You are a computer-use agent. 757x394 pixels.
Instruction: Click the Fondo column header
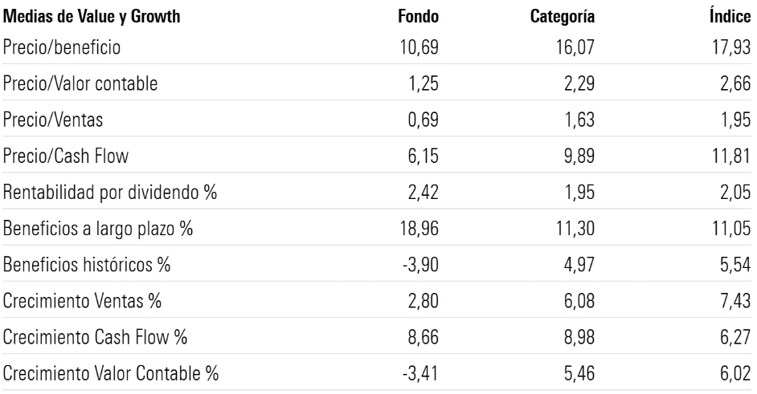click(x=419, y=17)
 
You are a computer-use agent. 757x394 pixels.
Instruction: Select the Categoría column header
click(x=563, y=17)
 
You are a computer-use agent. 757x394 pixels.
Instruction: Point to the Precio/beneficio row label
click(x=62, y=48)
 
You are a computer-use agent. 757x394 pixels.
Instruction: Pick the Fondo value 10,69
click(x=420, y=48)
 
